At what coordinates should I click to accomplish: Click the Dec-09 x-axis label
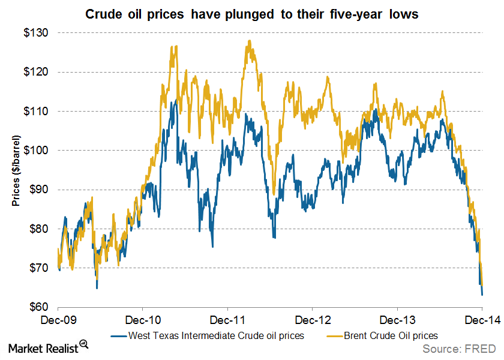pyautogui.click(x=58, y=320)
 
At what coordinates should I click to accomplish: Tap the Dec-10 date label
pyautogui.click(x=143, y=320)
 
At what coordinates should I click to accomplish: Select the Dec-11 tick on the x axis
pyautogui.click(x=228, y=320)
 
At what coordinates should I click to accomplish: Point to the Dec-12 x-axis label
pyautogui.click(x=313, y=320)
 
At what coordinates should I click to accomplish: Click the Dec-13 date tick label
pyautogui.click(x=398, y=320)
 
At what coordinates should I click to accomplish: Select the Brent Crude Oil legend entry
pyautogui.click(x=390, y=335)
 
